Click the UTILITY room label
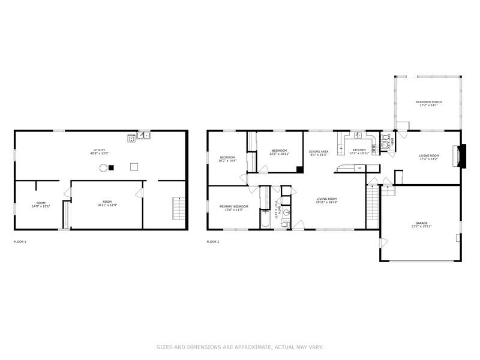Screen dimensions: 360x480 pos(100,151)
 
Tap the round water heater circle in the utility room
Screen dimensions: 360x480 pos(103,167)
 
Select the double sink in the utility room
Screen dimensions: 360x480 pos(144,136)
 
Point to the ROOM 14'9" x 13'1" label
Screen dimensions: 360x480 pos(41,204)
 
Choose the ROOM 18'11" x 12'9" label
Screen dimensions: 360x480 pos(107,203)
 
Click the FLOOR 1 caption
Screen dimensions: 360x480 pos(20,242)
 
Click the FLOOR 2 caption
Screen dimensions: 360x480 pos(213,242)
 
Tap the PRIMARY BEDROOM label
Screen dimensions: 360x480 pos(233,208)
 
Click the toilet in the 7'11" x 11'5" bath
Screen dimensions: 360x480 pos(286,224)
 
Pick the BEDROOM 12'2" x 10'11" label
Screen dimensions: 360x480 pos(279,152)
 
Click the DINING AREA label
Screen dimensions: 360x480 pos(319,152)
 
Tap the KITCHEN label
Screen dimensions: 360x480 pos(359,151)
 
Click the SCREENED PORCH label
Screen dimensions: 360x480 pos(428,104)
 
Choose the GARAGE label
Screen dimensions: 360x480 pos(422,225)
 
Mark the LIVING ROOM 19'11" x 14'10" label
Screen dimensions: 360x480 pos(327,200)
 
